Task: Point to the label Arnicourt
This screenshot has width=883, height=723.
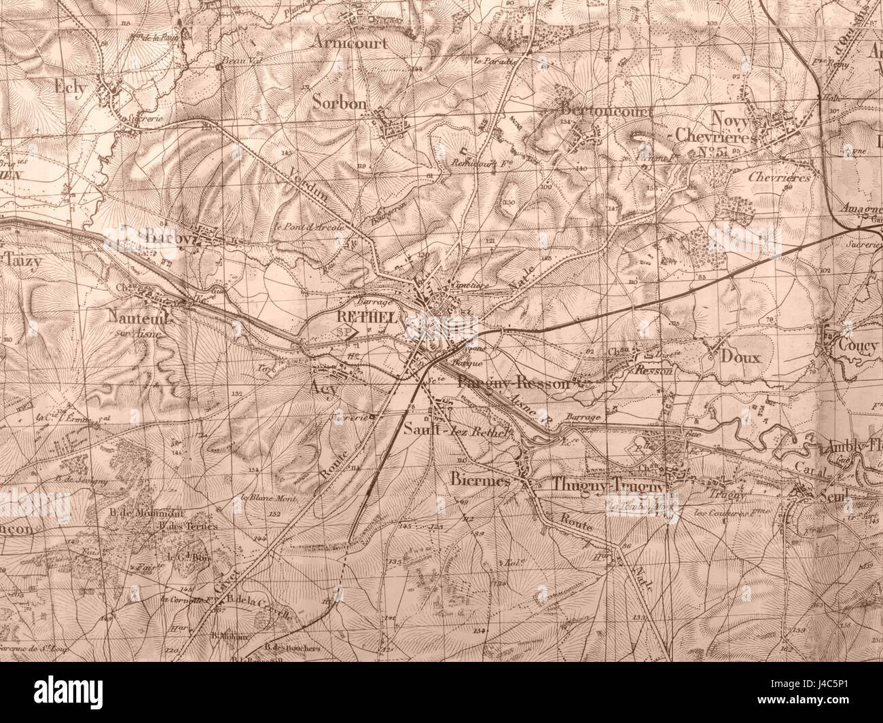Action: point(352,42)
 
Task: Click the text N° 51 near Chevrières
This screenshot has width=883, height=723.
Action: point(713,152)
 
